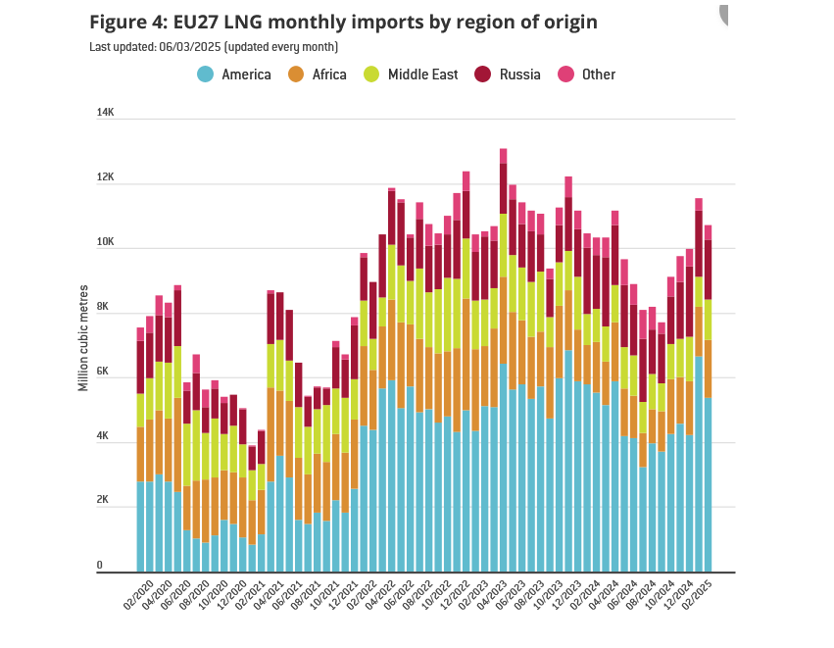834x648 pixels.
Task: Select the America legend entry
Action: point(234,74)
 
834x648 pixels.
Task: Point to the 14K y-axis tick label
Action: point(106,113)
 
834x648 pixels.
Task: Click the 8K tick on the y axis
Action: point(106,307)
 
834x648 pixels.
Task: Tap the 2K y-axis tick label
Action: point(106,500)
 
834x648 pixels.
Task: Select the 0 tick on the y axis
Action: point(100,566)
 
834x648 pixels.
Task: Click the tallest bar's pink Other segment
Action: point(503,156)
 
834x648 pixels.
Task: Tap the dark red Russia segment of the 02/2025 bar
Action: point(708,270)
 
